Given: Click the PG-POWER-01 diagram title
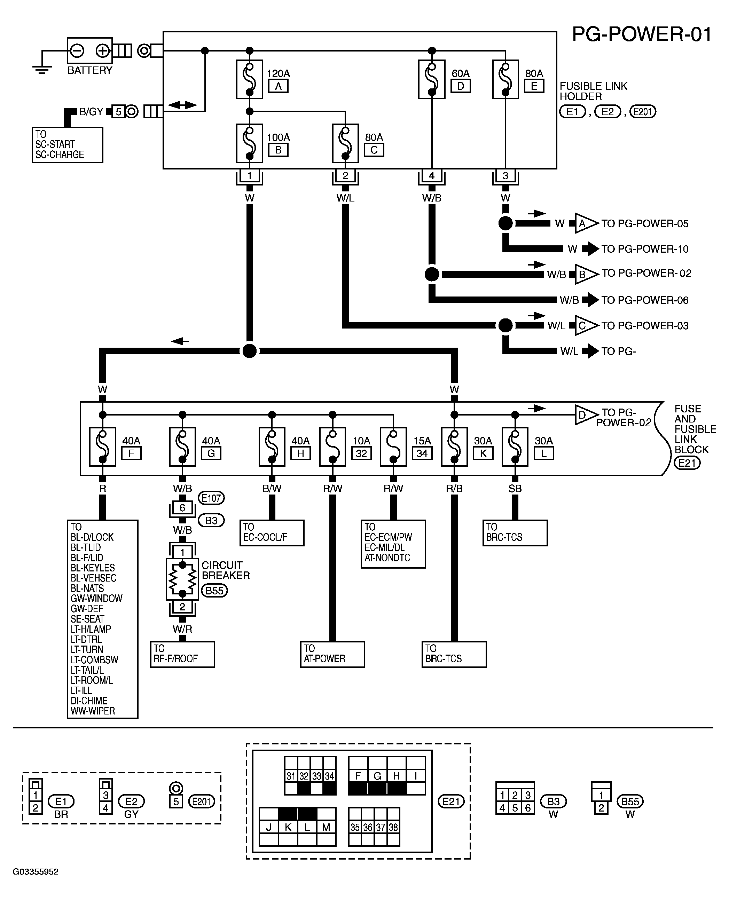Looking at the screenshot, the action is point(642,34).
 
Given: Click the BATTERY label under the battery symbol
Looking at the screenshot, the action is point(90,70).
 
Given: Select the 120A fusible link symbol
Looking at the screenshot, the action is point(249,79).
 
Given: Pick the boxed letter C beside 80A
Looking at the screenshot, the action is point(374,150).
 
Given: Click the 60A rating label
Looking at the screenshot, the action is point(460,73).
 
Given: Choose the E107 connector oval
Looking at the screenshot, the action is point(211,498).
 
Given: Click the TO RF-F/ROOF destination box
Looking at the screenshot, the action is point(182,654).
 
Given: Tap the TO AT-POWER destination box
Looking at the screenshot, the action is point(332,654).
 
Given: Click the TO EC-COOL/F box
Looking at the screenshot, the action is point(272,533).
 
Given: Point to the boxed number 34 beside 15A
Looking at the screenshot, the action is point(422,453).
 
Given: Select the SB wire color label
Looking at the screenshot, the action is point(515,489).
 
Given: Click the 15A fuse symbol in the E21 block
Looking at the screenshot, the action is point(393,447).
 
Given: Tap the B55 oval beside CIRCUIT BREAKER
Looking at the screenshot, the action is point(214,591).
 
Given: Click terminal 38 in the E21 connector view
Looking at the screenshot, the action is point(393,827).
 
